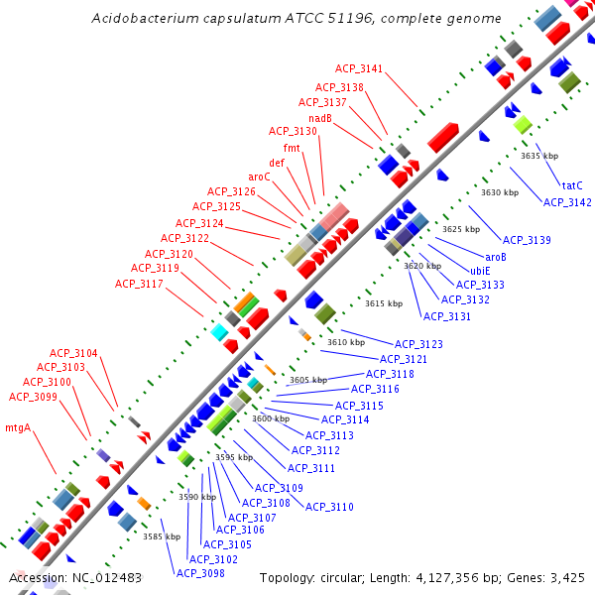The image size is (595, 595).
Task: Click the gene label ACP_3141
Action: click(x=358, y=68)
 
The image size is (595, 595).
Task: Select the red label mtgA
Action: click(x=19, y=428)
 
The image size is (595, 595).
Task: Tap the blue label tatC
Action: click(x=572, y=185)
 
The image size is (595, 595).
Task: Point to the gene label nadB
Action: click(x=319, y=118)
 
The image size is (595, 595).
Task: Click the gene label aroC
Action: click(x=257, y=176)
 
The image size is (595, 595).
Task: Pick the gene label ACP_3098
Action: click(x=200, y=572)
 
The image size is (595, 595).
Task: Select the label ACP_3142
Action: click(x=567, y=202)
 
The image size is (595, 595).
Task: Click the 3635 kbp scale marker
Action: click(x=539, y=156)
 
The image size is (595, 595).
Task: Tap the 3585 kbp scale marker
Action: click(x=161, y=536)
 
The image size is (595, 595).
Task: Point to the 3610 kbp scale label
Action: click(x=346, y=342)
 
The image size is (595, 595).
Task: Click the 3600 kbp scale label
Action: click(x=270, y=418)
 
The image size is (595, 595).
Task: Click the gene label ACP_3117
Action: click(x=139, y=284)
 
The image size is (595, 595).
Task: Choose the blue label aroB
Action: click(x=496, y=256)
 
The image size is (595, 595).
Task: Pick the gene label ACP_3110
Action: click(x=329, y=507)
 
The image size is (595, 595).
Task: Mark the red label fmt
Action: click(x=292, y=148)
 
